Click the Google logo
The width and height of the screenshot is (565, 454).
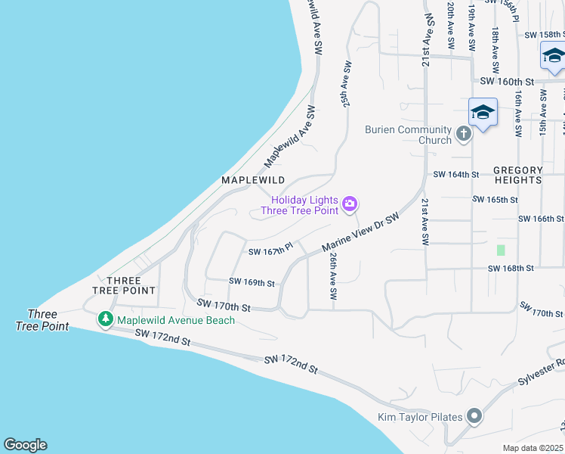coord(25,445)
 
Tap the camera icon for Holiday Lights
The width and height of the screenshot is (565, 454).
coord(350,204)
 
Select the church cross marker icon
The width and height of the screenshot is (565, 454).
coord(463,135)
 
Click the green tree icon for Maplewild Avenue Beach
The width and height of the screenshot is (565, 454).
coord(107,320)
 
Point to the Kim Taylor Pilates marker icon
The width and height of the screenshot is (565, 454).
coord(474,417)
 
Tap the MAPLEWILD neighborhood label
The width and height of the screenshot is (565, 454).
coord(253,180)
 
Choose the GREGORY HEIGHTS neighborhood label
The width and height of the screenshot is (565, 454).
coord(518,176)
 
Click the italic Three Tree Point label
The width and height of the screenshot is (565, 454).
coord(42,320)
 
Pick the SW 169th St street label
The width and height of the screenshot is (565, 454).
coord(252,282)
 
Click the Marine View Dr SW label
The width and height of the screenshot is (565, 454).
coord(360,233)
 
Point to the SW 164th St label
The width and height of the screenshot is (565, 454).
coord(456,175)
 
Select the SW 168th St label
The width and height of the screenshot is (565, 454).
coord(511,268)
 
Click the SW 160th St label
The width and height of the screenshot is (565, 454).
coord(506,82)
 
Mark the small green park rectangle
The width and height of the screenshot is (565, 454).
coord(500,250)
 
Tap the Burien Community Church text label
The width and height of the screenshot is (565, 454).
coord(409,135)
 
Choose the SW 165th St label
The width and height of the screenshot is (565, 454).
coord(495,200)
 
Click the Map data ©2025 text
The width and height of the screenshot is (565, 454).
coord(534,448)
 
